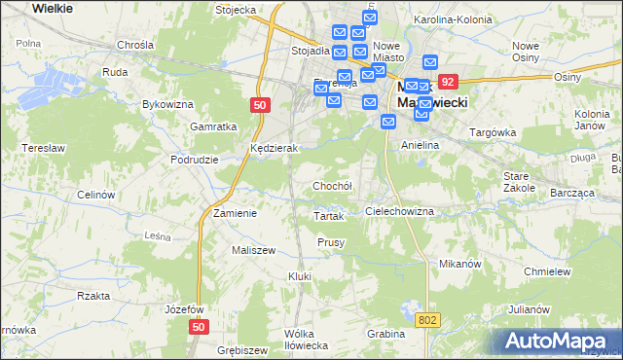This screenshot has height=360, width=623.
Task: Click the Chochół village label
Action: pos(331,185)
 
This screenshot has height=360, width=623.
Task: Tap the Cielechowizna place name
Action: pos(398,210)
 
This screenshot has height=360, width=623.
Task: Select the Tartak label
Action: pos(329,216)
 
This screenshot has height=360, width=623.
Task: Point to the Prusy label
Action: pos(331,241)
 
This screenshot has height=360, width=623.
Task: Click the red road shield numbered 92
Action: pos(448,83)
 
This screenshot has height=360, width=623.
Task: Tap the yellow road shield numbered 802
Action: pos(429,319)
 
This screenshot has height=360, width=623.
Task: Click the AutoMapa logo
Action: pos(558,341)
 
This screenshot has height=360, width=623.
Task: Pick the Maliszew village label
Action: pos(254,250)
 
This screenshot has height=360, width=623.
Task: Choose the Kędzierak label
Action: pos(273,148)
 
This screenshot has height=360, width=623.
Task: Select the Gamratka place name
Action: pos(215,126)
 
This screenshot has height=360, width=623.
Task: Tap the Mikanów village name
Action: pos(460,264)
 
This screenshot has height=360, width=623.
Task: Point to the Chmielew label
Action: pos(546,271)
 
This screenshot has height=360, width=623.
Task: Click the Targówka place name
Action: pos(492,131)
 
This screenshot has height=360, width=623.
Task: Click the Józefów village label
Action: pos(183,308)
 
